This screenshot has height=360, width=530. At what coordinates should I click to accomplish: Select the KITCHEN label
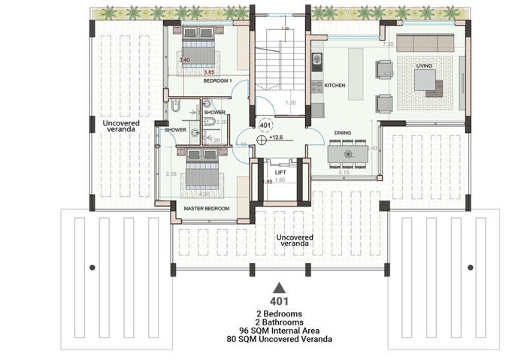point(335,86)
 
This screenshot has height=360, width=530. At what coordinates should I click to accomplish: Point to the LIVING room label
point(425,65)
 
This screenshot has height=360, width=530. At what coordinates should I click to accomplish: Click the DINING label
point(343,133)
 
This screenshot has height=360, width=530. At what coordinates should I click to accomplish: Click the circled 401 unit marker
point(265,125)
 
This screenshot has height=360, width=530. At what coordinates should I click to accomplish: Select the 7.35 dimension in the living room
point(388,45)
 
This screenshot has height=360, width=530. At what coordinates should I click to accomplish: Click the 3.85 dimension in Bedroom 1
point(210,72)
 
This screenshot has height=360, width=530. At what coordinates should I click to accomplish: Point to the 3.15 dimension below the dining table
point(345,173)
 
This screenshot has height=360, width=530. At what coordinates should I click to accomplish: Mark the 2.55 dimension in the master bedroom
point(171,174)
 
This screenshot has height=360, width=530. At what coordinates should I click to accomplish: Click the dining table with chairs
point(348,153)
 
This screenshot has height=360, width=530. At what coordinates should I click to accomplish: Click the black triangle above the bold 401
point(279,287)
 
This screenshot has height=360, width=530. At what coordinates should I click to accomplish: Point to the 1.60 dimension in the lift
point(280,180)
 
